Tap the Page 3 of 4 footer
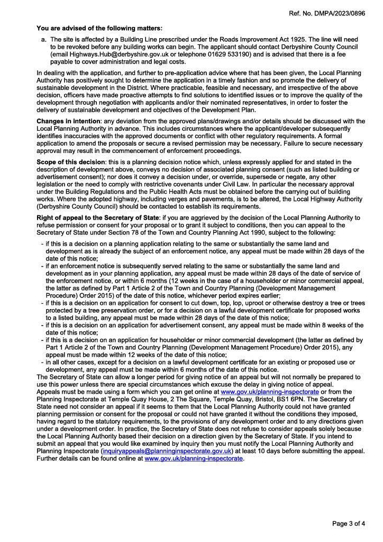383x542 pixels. [x=348, y=524]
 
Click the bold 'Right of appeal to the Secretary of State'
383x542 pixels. [x=97, y=218]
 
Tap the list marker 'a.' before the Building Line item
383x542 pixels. [x=43, y=39]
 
